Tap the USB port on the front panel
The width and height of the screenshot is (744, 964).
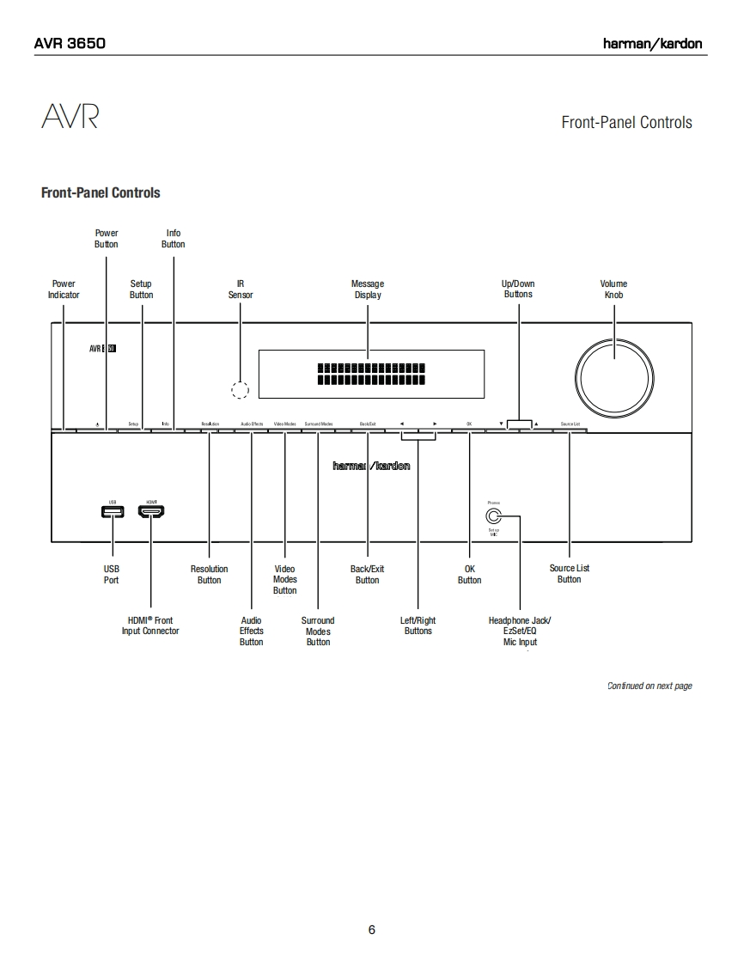112,512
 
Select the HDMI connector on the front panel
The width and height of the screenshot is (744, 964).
151,512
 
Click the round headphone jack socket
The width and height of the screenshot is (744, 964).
493,516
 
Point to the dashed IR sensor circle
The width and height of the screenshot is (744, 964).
241,389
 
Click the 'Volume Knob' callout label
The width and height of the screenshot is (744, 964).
613,290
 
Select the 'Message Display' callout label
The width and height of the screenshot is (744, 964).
368,290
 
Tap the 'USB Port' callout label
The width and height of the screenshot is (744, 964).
112,574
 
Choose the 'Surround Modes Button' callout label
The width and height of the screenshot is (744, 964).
318,631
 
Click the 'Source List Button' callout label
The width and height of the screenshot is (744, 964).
570,574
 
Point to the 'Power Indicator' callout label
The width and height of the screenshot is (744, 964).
64,290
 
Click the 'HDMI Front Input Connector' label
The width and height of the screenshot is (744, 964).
150,625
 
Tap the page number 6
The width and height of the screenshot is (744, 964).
372,930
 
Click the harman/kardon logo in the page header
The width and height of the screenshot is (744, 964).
652,43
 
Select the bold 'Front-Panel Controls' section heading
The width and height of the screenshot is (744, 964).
101,192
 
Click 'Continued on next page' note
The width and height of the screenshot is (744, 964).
649,686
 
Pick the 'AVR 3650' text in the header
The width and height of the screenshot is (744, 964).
70,43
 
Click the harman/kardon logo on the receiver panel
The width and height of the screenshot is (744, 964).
371,466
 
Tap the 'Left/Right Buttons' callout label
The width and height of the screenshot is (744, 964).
418,625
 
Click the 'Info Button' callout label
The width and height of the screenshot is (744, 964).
174,239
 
